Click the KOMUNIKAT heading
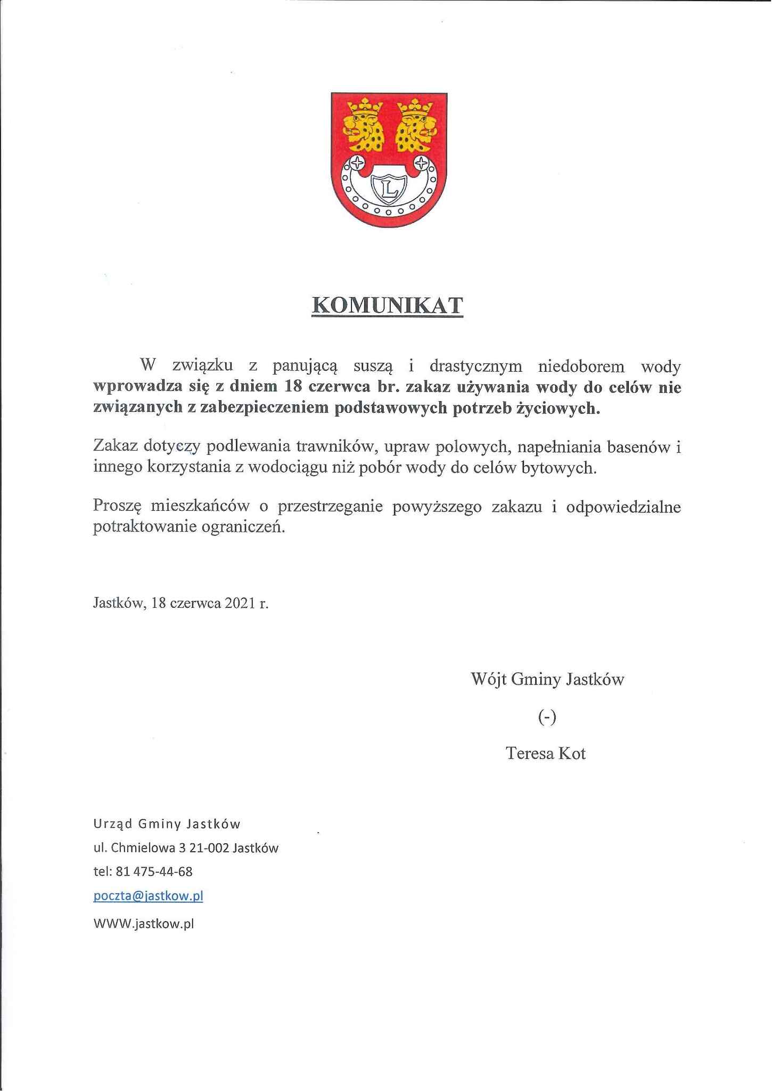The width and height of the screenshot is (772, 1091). coord(387,306)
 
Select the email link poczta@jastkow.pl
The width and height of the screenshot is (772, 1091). coord(148,895)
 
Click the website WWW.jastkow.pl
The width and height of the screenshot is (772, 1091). coord(143,923)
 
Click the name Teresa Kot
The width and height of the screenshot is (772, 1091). coord(546,753)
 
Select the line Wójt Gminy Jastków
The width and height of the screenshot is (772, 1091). coord(547,679)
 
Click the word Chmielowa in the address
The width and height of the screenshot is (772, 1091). coord(141,848)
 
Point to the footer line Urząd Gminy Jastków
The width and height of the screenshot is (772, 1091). coord(167,824)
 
